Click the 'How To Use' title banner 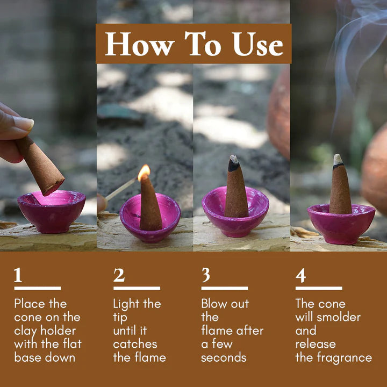click(193, 44)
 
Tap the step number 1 click(18, 275)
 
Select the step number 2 click(119, 275)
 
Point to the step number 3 click(206, 275)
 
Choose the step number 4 click(301, 275)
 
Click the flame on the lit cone click(144, 173)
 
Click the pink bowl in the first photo click(51, 211)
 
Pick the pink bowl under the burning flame click(150, 218)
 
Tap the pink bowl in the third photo click(235, 211)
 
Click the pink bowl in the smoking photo click(341, 222)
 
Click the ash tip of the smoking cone click(338, 160)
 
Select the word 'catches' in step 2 click(135, 344)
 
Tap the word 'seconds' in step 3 click(224, 357)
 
